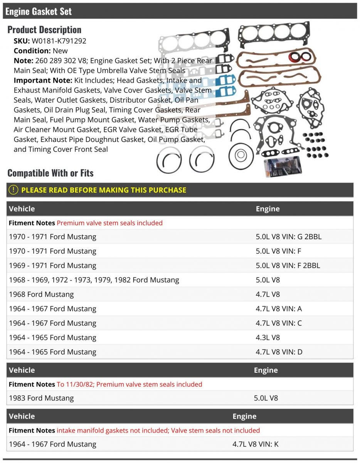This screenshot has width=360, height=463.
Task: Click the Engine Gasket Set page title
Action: pyautogui.click(x=39, y=11)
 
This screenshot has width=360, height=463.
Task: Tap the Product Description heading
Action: pyautogui.click(x=44, y=30)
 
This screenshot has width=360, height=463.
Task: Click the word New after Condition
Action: pyautogui.click(x=61, y=51)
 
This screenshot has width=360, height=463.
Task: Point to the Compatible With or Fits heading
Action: pyautogui.click(x=50, y=173)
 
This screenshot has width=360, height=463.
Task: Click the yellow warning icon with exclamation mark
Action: pyautogui.click(x=14, y=190)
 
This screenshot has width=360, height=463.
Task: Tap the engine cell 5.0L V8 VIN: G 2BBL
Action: pyautogui.click(x=288, y=237)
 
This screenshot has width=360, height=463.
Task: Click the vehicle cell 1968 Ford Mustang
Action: pyautogui.click(x=41, y=294)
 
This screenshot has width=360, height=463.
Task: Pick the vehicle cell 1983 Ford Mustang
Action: pyautogui.click(x=41, y=398)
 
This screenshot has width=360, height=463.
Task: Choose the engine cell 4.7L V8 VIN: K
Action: pyautogui.click(x=255, y=444)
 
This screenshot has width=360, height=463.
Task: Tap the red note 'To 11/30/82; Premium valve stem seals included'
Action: pyautogui.click(x=130, y=384)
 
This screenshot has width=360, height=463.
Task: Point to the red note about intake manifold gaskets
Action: pyautogui.click(x=158, y=430)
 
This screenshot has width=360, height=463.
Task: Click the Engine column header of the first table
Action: pyautogui.click(x=267, y=209)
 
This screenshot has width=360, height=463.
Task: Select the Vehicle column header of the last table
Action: pyautogui.click(x=22, y=416)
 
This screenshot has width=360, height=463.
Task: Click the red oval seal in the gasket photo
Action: pyautogui.click(x=300, y=57)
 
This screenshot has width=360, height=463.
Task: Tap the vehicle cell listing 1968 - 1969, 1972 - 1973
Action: pyautogui.click(x=94, y=280)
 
